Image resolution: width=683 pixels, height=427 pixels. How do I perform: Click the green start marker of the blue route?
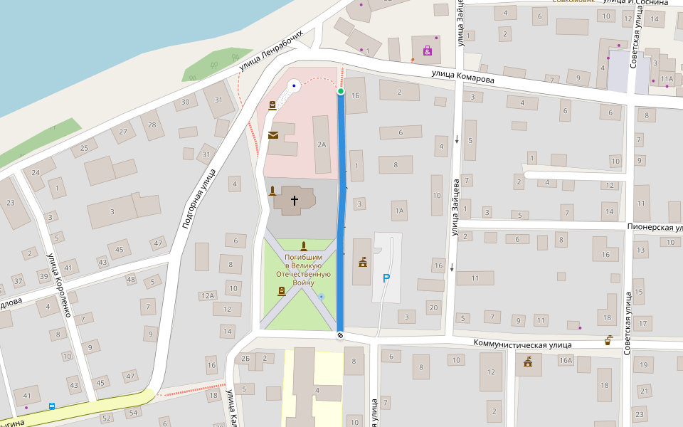click(341, 91)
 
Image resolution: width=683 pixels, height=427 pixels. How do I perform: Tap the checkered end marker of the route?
click(340, 335)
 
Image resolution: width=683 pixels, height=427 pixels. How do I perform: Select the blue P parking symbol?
click(386, 278)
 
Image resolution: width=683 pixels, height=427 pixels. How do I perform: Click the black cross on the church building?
click(294, 201)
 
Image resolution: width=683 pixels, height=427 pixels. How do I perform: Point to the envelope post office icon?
click(272, 135)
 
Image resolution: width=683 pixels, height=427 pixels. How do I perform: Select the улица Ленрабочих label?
click(276, 51)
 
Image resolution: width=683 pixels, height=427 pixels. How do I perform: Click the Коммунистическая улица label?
click(523, 344)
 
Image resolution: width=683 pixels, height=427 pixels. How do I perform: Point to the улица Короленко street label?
click(60, 285)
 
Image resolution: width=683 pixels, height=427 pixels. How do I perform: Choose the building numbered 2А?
click(322, 144)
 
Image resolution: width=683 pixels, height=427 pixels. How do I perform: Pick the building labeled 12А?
click(207, 295)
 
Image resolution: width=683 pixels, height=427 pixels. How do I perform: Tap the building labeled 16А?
click(566, 361)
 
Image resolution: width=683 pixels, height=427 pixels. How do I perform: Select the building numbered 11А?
click(666, 79)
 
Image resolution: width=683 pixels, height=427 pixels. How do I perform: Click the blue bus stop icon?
click(51, 406)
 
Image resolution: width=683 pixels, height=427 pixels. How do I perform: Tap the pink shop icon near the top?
click(428, 51)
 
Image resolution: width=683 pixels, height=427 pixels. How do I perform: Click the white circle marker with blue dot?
click(293, 86)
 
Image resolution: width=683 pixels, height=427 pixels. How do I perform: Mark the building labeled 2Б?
click(245, 358)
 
